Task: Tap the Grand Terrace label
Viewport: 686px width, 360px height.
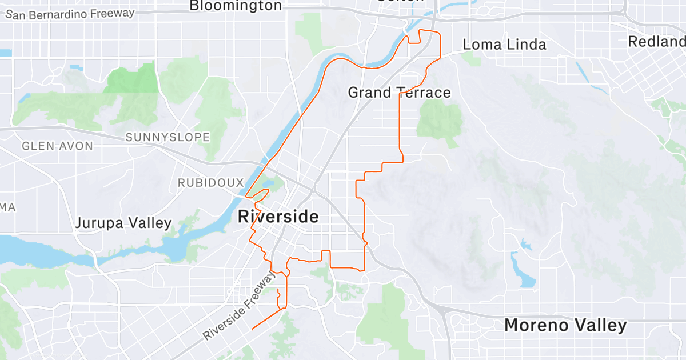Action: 399,93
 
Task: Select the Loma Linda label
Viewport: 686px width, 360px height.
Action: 504,45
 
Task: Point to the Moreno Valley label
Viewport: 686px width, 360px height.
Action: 565,326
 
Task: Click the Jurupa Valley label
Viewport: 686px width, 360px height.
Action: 123,223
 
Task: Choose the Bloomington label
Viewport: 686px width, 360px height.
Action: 235,6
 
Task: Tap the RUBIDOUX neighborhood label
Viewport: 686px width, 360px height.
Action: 210,183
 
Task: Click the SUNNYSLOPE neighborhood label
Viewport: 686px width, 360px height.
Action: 167,137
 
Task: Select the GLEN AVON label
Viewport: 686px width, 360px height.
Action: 57,146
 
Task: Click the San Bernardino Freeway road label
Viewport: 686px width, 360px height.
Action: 70,13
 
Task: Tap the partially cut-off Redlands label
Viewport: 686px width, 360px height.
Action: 657,42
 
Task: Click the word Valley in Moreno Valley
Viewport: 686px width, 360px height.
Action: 600,326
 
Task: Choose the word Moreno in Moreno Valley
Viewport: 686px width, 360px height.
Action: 535,326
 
